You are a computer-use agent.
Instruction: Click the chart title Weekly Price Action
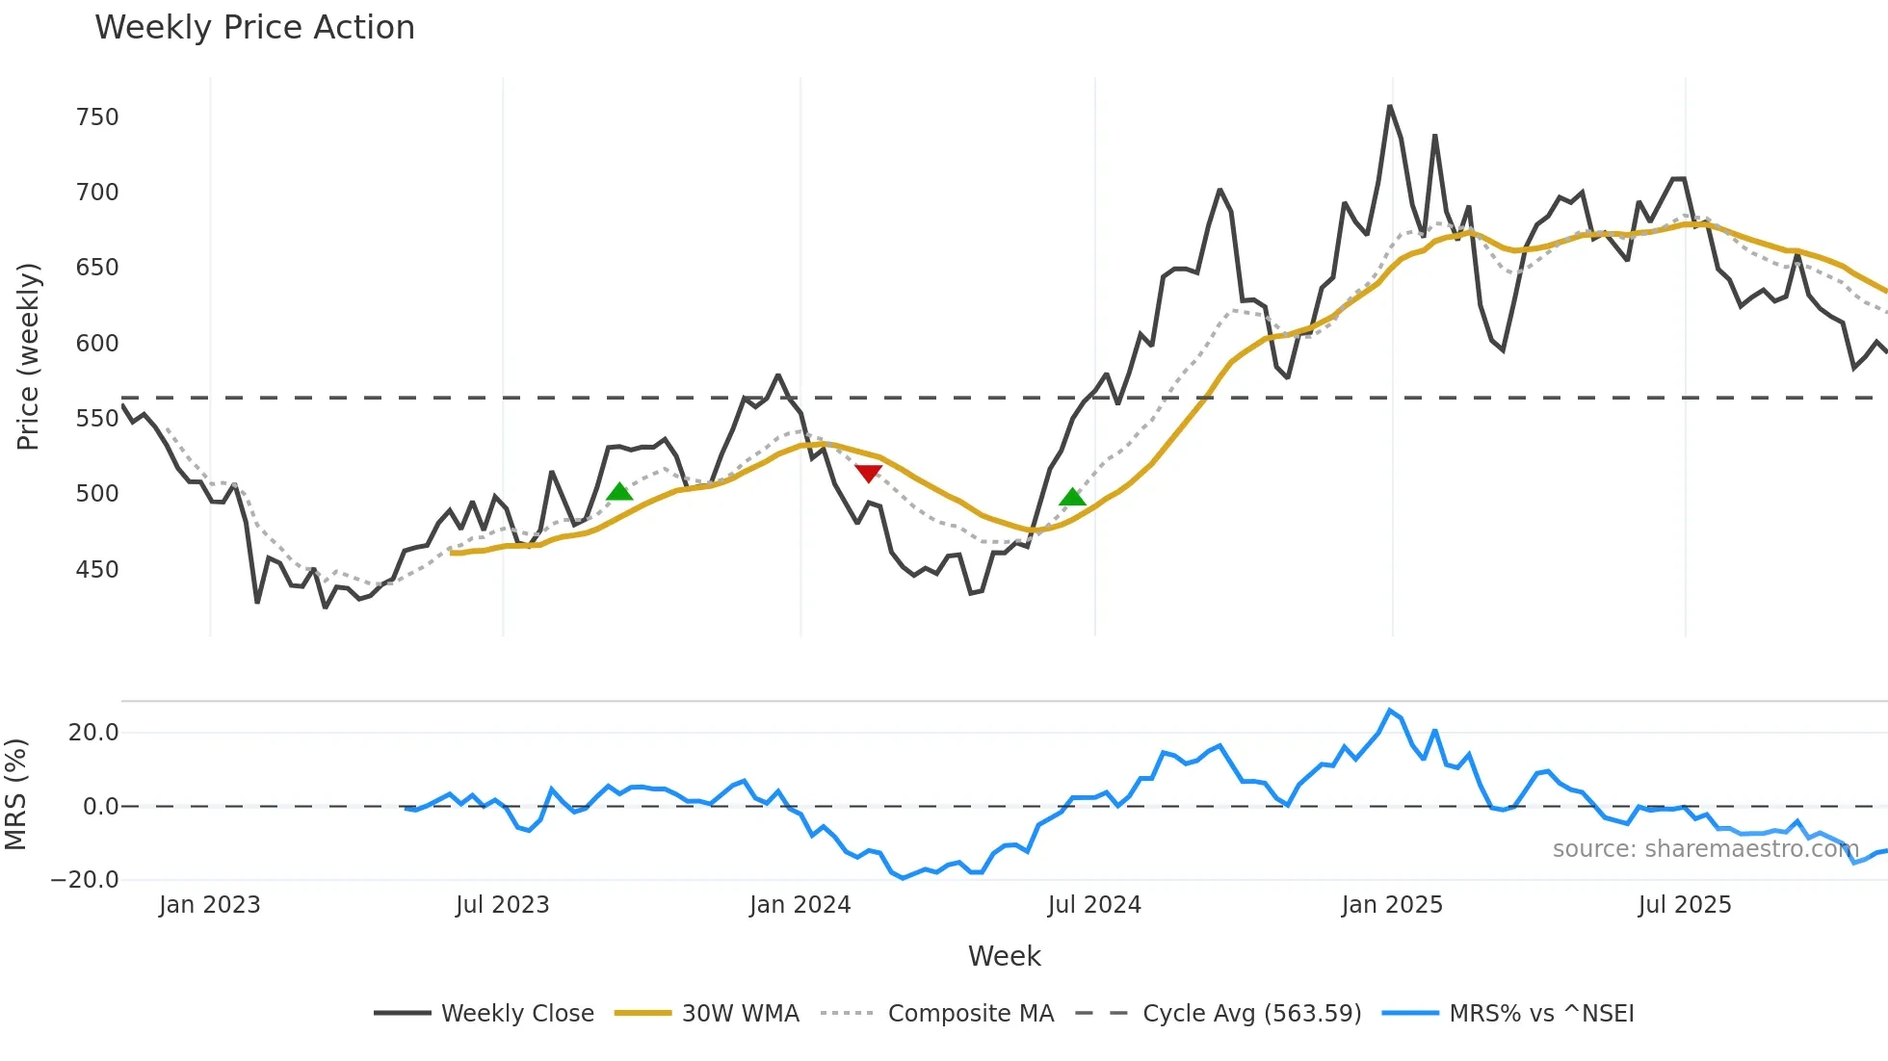tap(254, 28)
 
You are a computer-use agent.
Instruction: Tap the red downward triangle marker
tap(868, 473)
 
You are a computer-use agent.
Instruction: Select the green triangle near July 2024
tap(1072, 497)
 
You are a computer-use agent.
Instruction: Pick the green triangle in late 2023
tap(619, 492)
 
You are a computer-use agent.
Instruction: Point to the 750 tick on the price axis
tap(97, 117)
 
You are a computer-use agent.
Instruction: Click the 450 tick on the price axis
tap(97, 570)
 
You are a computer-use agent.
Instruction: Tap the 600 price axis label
tap(97, 344)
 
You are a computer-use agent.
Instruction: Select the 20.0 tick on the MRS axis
tap(93, 733)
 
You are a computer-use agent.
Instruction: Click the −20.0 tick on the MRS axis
tap(85, 880)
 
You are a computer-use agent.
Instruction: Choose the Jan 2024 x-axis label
tap(800, 905)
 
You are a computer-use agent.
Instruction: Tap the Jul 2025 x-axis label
tap(1684, 905)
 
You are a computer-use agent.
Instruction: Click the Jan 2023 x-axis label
tap(210, 905)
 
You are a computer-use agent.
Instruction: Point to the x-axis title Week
tap(1004, 956)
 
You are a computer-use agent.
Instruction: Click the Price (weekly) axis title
tap(28, 356)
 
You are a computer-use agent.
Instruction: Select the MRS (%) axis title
tap(15, 794)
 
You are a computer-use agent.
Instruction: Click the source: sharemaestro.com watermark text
tap(1705, 849)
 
